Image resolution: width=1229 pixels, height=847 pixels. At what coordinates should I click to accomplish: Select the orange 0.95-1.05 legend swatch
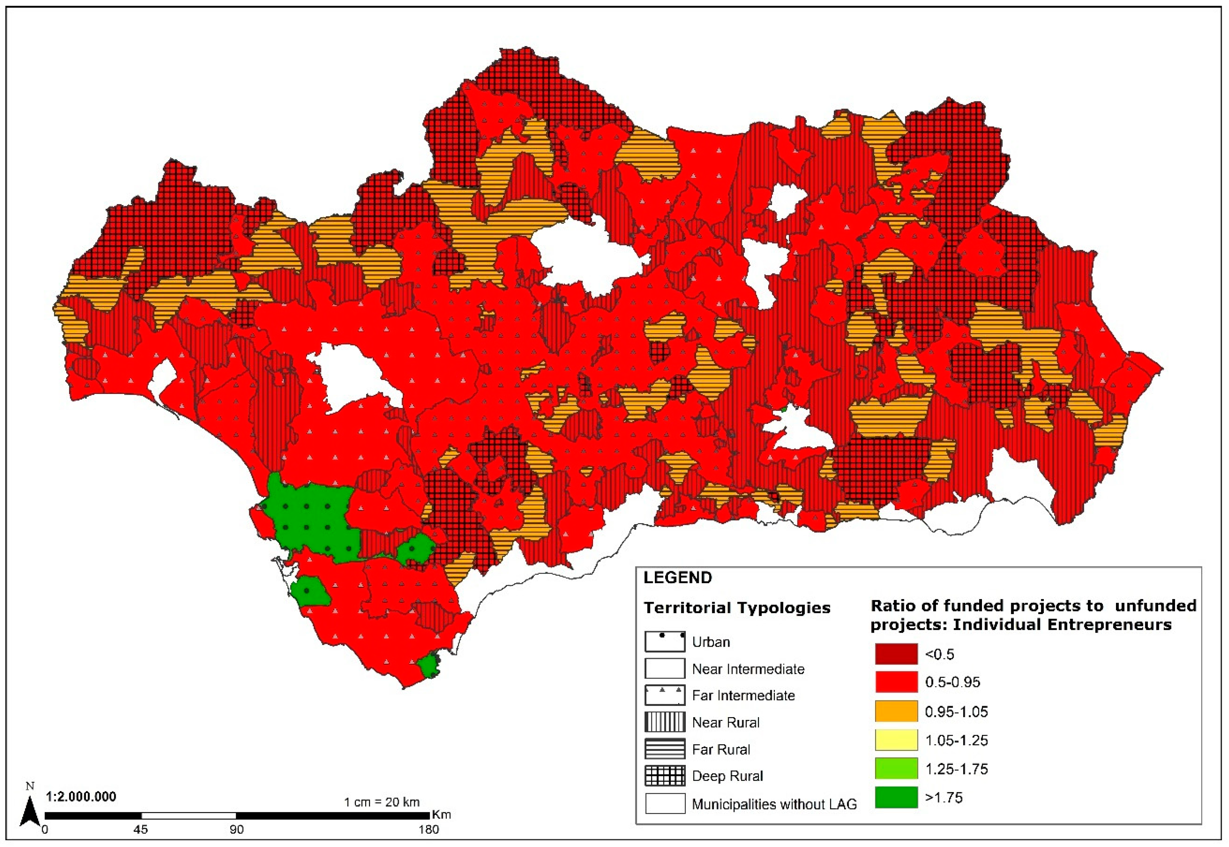pos(896,711)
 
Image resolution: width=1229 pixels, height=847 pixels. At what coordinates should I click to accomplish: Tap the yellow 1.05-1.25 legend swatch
pos(896,740)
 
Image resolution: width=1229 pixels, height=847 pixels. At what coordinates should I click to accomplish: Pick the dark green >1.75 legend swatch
pos(896,797)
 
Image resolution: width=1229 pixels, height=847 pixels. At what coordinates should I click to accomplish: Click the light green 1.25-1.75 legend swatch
pos(896,768)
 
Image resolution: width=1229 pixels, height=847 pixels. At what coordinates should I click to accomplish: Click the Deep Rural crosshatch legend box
pos(665,775)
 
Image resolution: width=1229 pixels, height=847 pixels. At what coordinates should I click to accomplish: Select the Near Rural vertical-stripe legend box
pos(665,722)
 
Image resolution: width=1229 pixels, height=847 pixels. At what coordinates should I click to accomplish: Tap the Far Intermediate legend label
pos(743,695)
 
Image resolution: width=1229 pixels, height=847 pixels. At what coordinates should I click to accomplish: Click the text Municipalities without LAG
pos(774,804)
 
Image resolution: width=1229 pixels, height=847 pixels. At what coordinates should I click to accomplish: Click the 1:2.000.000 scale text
pos(81,797)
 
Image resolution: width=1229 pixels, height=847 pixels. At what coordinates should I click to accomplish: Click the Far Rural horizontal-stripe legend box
pos(665,749)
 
